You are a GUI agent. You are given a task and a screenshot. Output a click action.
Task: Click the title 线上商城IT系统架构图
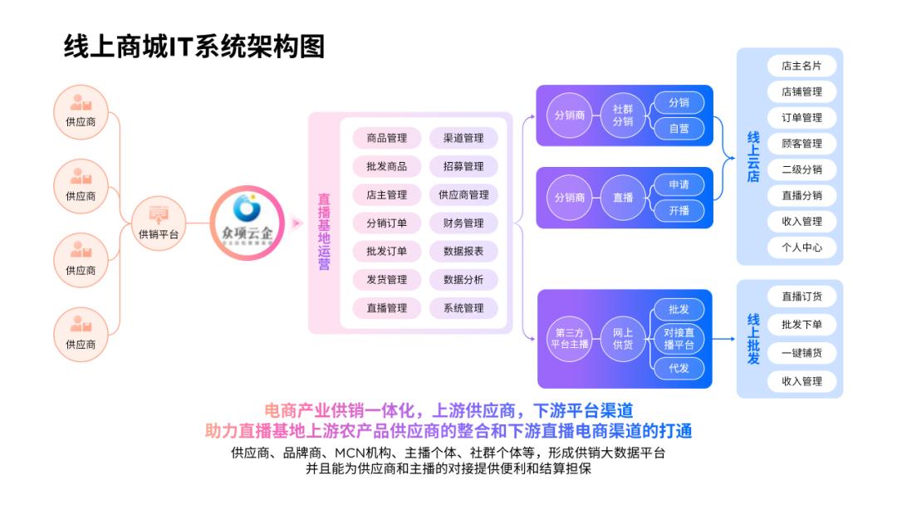pos(194,47)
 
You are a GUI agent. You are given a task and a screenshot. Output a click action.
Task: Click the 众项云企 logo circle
pos(242,223)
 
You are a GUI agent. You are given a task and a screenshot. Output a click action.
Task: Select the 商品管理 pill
pos(387,138)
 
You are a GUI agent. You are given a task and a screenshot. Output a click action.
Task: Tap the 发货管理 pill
pos(387,279)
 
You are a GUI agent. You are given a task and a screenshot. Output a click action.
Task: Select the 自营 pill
pos(679,129)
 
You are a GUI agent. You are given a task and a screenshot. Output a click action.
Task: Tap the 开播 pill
pos(679,210)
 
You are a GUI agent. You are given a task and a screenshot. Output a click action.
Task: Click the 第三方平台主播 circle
pos(570,338)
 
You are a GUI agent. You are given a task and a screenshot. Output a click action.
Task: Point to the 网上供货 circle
pos(623,338)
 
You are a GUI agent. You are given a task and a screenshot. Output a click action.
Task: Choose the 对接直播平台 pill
pos(679,338)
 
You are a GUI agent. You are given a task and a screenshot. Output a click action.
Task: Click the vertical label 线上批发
pos(753,339)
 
